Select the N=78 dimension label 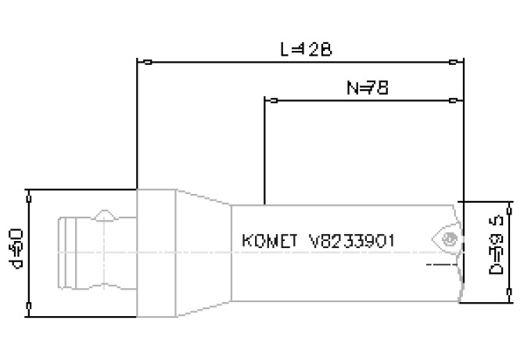pos(368,88)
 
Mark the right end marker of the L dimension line pos(456,61)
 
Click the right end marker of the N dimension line pos(456,101)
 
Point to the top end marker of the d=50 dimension pos(28,190)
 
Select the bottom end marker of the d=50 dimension pos(28,304)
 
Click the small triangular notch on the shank pos(106,214)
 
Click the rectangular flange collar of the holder pos(156,252)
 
